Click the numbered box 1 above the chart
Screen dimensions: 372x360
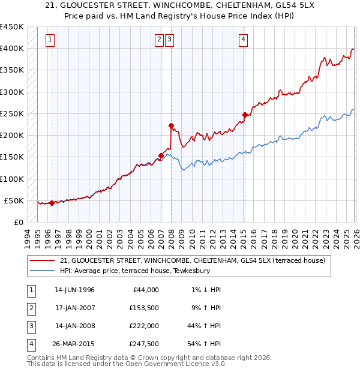50,40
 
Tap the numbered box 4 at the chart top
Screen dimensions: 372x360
244,40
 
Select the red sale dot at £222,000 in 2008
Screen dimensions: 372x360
171,126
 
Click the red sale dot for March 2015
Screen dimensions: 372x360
245,115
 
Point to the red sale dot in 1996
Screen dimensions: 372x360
52,203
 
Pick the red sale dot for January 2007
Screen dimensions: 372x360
161,155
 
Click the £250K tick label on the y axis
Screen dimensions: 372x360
11,113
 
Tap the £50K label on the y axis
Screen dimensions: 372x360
14,200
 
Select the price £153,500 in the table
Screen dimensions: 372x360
144,308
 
